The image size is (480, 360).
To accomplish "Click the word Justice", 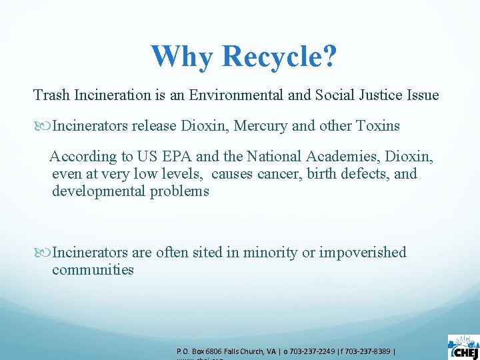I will point(379,95).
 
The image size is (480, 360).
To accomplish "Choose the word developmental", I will point(95,191).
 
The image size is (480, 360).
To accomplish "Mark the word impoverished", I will point(363,253).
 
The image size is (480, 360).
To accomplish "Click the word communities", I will point(93,270).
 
